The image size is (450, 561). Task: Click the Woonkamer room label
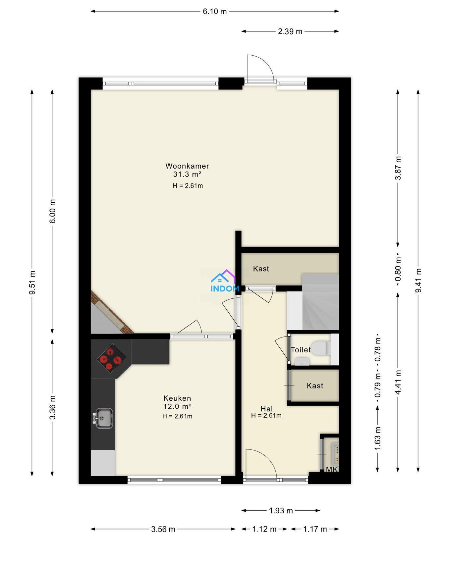187,166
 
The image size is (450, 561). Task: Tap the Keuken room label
177,398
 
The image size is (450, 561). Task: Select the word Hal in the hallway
266,409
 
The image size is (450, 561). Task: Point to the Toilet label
301,350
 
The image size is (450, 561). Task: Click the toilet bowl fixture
320,348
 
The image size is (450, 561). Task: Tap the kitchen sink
104,418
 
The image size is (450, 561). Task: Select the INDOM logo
225,281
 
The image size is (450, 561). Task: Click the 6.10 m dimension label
215,12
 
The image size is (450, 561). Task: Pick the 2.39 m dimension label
290,31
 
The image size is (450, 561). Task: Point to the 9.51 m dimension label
32,282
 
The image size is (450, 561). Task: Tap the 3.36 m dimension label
52,407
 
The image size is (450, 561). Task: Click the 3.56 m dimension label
163,529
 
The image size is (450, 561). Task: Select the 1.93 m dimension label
281,511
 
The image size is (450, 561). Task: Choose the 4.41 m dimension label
398,382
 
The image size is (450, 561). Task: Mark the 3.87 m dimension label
398,168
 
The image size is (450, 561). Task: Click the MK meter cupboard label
332,469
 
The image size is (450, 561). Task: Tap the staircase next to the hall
320,302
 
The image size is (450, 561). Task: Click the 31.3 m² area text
187,174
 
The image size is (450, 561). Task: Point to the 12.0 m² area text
177,406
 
